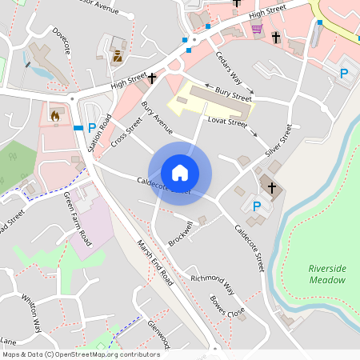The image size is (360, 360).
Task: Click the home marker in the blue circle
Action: point(180,173)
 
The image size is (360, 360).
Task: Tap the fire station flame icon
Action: point(54,116)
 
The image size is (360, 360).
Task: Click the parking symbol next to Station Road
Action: point(92,127)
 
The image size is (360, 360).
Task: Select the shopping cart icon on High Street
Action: point(257,29)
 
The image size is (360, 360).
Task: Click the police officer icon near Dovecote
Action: point(118,56)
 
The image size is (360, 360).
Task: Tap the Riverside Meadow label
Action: point(328,274)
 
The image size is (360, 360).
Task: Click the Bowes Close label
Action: point(227,307)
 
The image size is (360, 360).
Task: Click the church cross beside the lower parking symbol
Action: point(272,188)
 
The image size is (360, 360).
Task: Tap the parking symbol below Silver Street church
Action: point(257,206)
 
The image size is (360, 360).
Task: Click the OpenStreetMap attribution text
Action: point(80,354)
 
